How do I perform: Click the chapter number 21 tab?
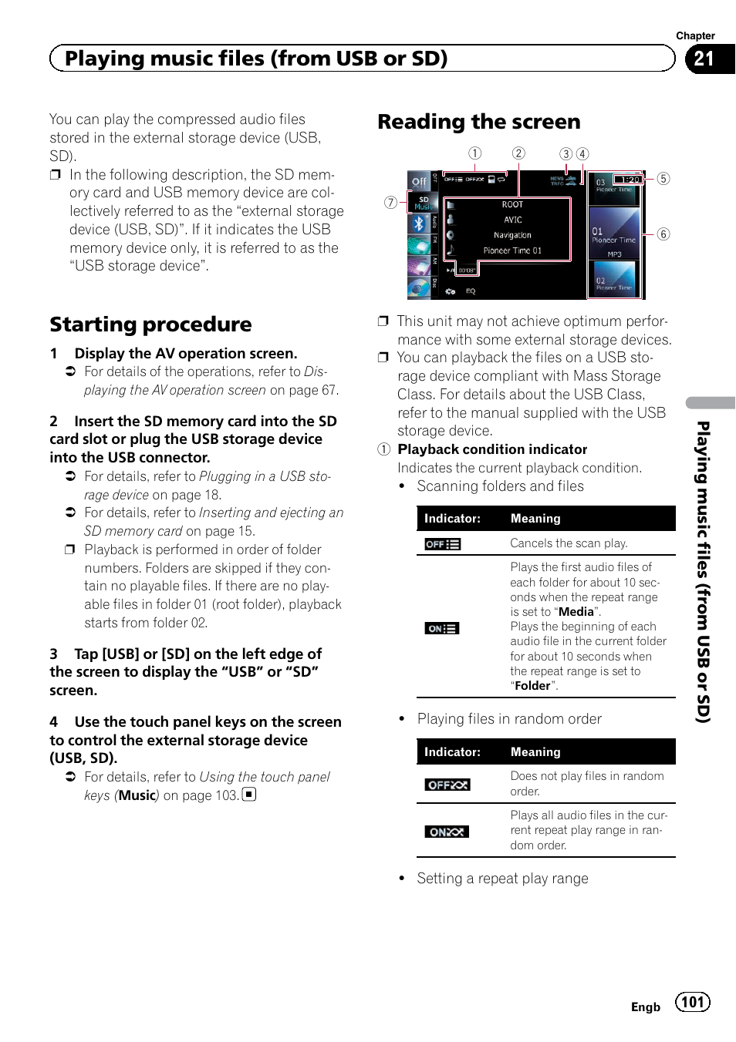pos(704,59)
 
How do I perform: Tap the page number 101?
pos(692,1002)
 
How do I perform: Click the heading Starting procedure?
pos(150,324)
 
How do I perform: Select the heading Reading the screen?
pos(478,122)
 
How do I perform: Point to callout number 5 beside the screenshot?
pos(663,179)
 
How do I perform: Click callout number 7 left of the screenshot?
pos(391,203)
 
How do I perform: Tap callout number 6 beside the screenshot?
pos(663,234)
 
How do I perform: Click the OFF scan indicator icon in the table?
pos(443,544)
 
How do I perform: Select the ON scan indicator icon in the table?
pos(442,628)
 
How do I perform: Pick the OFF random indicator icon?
pos(447,785)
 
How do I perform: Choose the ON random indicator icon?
pos(447,832)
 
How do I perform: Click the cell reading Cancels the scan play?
pos(569,543)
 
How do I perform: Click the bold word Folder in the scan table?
pos(532,686)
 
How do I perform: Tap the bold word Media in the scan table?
pos(576,612)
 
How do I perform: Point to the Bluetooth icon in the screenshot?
pos(419,224)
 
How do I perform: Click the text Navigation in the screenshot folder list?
pos(512,235)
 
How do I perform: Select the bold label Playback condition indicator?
pos(492,449)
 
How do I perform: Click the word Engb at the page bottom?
pos(645,1007)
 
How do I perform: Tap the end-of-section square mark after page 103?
pos(248,794)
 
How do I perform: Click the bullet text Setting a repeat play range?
pos(502,879)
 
